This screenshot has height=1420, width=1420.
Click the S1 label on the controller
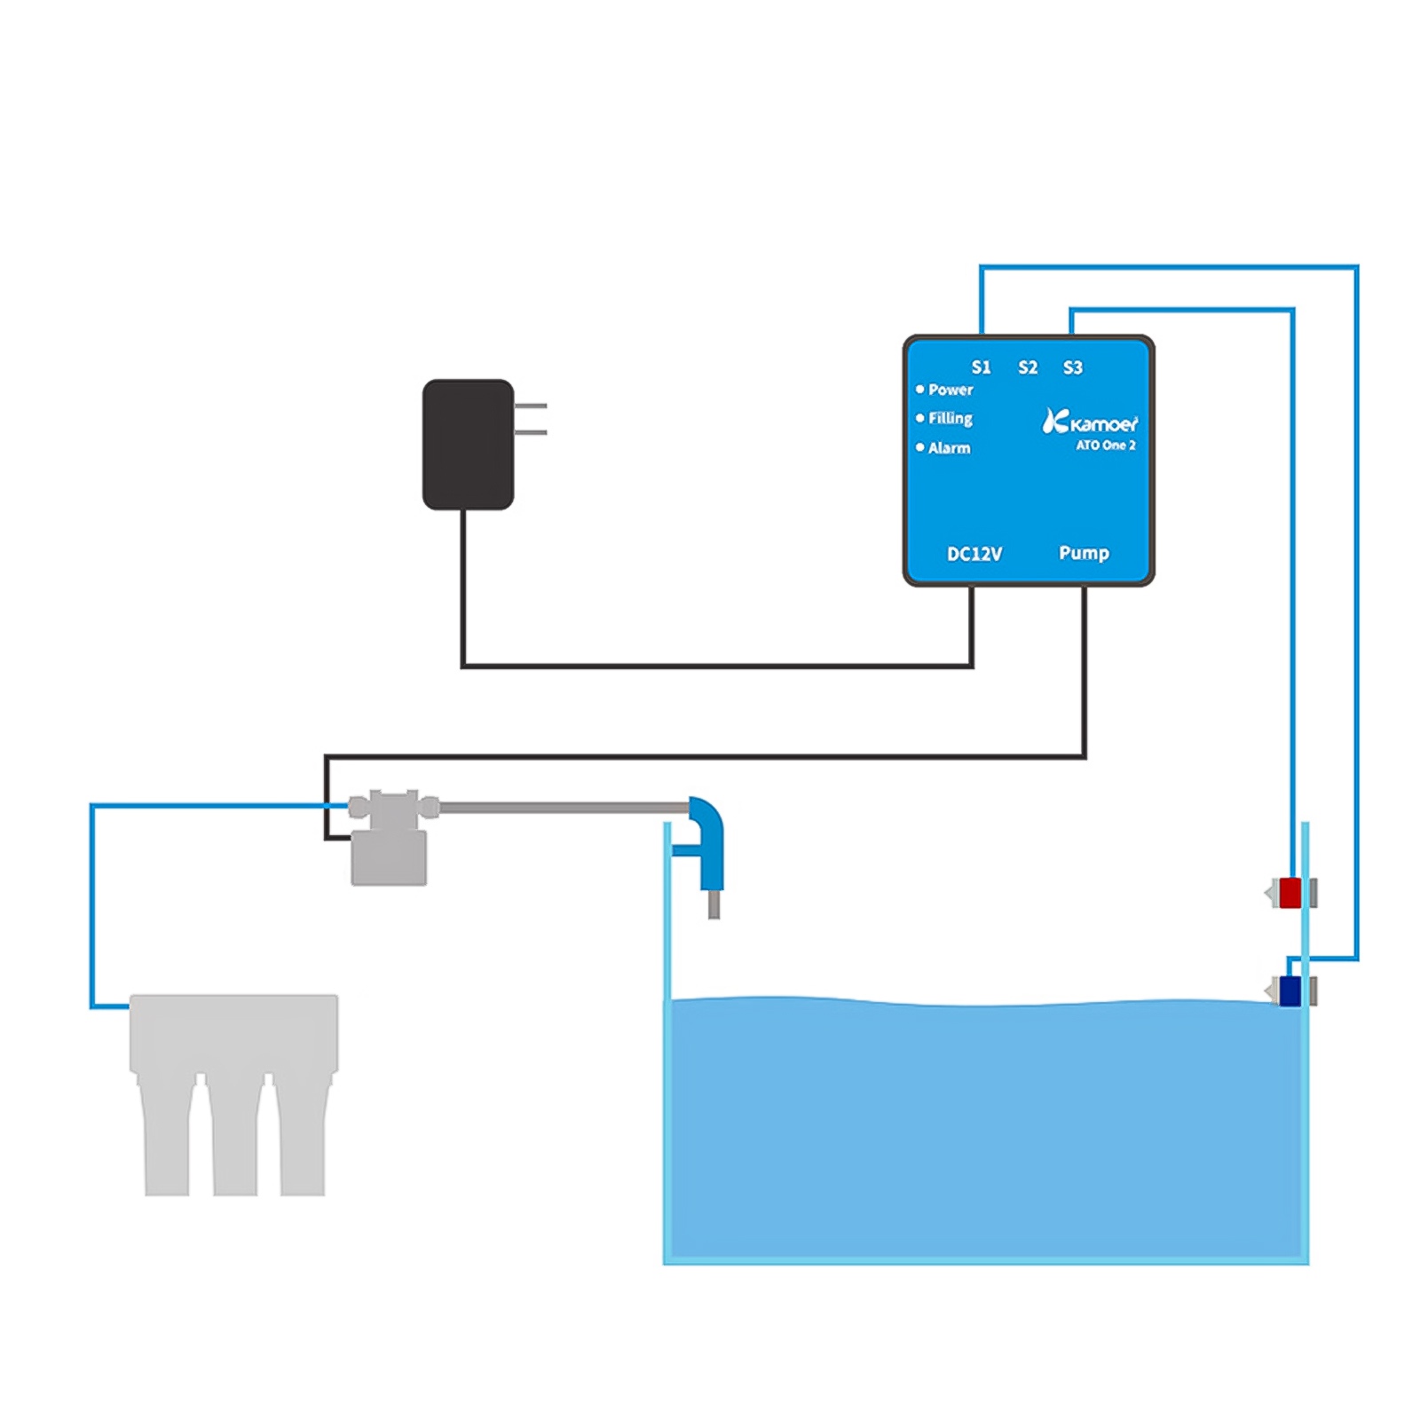coord(980,367)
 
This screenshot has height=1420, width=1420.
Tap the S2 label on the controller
coord(1027,367)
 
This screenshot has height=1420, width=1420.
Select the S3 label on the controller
coord(1072,367)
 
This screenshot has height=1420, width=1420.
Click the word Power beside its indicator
coord(951,390)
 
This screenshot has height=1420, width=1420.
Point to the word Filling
coord(951,418)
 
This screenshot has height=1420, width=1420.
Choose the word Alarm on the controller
coord(949,448)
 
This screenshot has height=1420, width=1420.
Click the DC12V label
coord(974,554)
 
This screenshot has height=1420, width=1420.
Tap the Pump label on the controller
coord(1084,553)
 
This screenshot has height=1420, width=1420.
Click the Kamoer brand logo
coord(1090,422)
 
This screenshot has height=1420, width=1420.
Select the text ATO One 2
coord(1105,446)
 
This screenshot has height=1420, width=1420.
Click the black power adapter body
coord(468,444)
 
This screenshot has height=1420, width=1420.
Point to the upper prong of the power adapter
coord(531,406)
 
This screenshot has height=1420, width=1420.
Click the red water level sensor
coord(1290,893)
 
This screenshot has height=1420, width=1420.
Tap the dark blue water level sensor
coord(1290,990)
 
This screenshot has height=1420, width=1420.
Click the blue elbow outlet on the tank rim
coord(707,839)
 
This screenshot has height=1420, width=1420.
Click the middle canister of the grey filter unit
coord(235,1136)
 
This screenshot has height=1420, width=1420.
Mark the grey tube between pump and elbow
coord(564,808)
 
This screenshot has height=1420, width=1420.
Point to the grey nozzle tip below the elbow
coord(714,904)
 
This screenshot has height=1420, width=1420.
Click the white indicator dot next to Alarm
coord(920,447)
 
